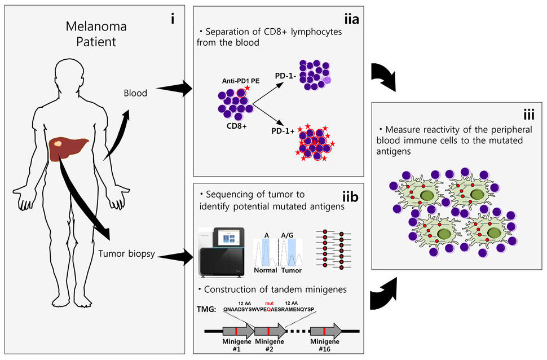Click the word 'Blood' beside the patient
(x=135, y=94)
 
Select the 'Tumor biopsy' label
(x=127, y=254)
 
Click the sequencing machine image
(x=222, y=253)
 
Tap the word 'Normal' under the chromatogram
(x=266, y=270)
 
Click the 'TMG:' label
(x=209, y=309)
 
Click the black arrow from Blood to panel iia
(x=175, y=89)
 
